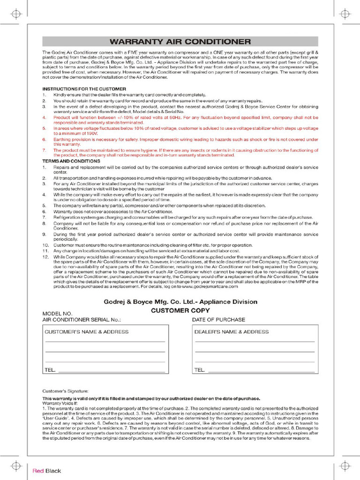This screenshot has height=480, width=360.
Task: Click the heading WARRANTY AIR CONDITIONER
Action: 180,41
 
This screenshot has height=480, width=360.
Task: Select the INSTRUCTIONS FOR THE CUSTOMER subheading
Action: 84,89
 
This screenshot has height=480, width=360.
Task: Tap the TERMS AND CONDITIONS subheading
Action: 71,161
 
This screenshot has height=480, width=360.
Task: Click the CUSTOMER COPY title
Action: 180,310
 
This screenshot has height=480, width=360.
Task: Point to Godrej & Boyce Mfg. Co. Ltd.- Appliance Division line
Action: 180,301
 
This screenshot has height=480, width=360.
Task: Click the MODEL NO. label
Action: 58,314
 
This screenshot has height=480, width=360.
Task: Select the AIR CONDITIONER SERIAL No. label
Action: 82,320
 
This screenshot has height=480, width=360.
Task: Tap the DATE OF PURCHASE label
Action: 218,320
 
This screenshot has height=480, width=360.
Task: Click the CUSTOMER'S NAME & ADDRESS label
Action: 86,332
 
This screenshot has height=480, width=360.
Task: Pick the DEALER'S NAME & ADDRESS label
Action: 232,332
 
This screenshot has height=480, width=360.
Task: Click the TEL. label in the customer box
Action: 50,370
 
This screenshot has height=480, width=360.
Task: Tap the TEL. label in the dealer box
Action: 200,370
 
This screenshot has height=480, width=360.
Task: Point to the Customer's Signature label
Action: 65,390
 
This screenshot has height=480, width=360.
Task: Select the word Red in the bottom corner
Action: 37,471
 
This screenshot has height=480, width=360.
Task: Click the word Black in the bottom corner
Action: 53,471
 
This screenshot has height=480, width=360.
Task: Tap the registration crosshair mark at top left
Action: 15,14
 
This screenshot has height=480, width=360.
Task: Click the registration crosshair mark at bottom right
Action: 345,465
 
